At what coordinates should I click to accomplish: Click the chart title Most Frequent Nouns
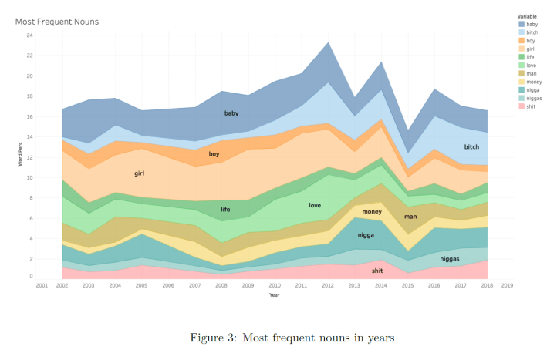[x=57, y=22]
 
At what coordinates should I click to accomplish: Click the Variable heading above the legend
[x=528, y=15]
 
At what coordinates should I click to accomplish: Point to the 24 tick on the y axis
[x=30, y=35]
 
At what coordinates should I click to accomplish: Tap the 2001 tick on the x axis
[x=42, y=284]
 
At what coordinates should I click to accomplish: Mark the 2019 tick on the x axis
[x=507, y=284]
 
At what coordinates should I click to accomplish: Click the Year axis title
[x=275, y=294]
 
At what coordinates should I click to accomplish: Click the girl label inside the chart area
[x=140, y=173]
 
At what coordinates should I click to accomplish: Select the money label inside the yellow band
[x=372, y=211]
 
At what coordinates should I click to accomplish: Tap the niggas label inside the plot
[x=450, y=259]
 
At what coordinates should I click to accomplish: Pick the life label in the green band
[x=225, y=209]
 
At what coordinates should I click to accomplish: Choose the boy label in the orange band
[x=214, y=154]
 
